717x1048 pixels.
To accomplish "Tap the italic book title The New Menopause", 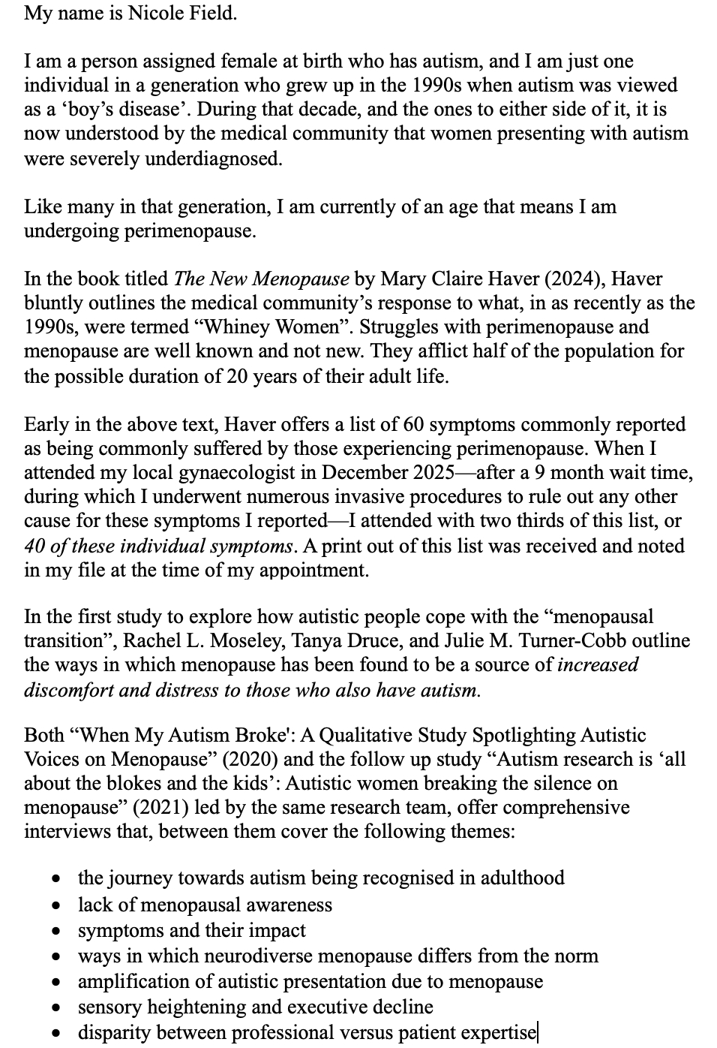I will coord(261,279).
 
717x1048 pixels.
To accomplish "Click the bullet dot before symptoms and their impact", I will coord(55,932).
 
